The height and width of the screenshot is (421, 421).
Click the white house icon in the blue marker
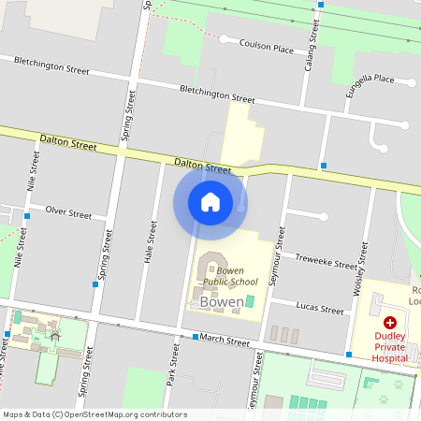210,202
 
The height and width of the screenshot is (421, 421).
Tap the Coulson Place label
268,44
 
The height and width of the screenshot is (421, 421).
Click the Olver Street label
68,213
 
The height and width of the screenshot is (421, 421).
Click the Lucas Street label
319,308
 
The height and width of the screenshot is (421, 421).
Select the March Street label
225,340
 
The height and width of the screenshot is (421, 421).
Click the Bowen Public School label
230,276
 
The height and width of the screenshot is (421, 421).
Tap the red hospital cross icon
390,321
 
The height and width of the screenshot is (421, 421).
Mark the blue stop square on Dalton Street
324,166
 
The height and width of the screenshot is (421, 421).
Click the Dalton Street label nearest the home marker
202,167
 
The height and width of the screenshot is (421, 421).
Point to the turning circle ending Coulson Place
224,39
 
